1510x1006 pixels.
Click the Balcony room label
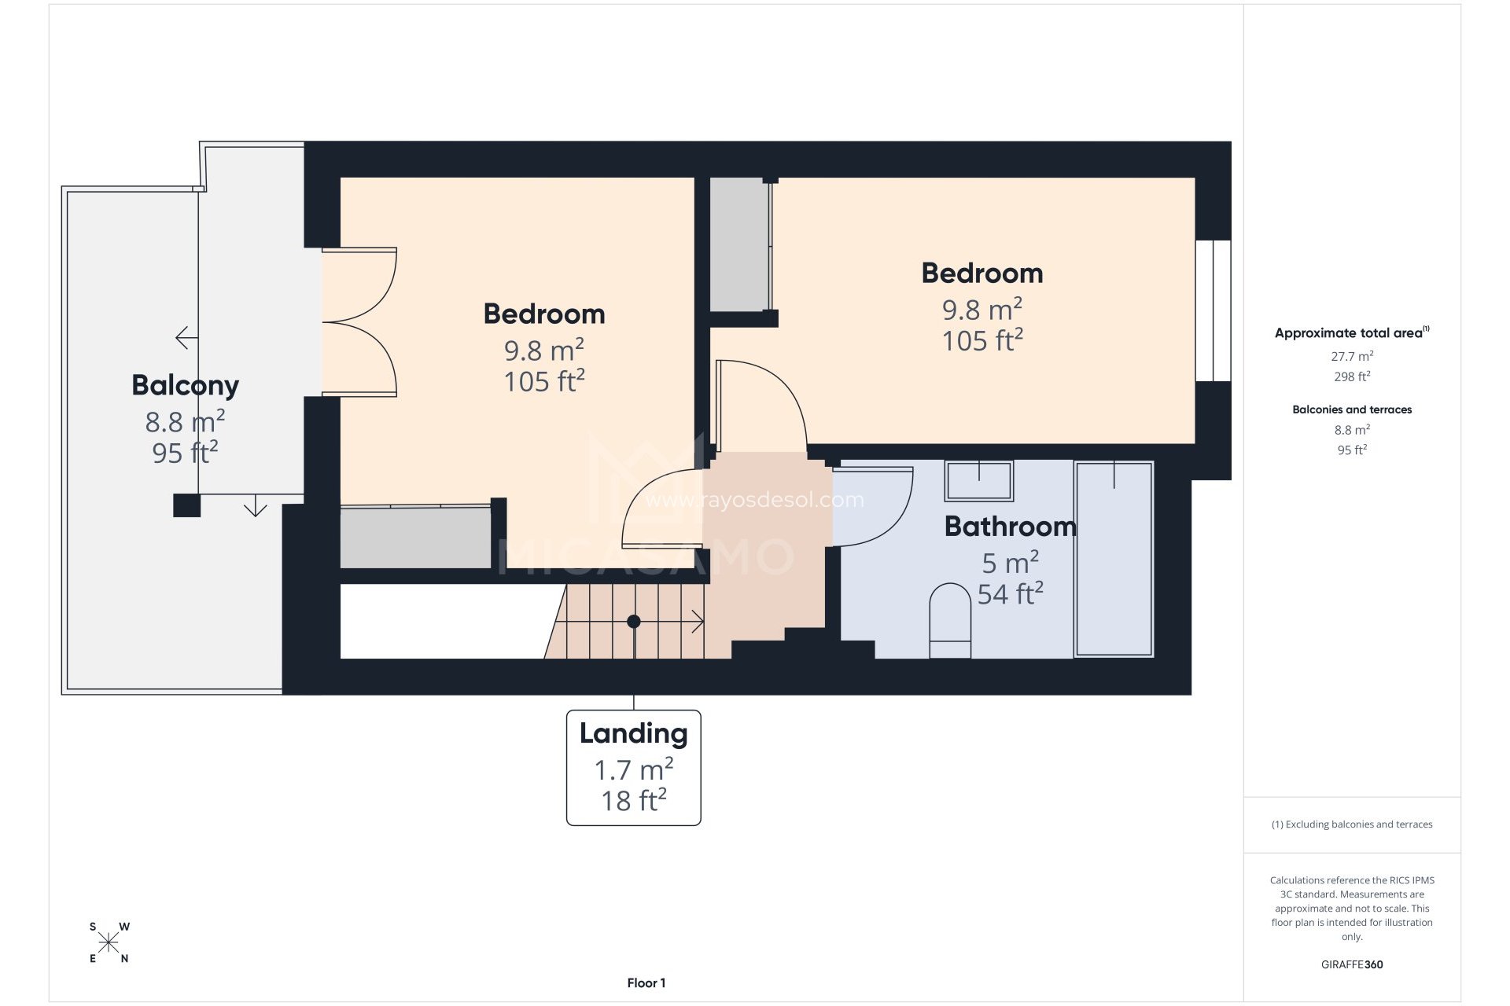click(185, 385)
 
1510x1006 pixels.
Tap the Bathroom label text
click(1010, 526)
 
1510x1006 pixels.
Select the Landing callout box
click(633, 767)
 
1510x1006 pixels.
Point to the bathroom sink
click(978, 480)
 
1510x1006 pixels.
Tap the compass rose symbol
click(109, 942)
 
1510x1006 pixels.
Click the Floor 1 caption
click(646, 982)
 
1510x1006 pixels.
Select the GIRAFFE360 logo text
click(1351, 964)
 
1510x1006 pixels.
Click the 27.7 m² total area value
click(1351, 356)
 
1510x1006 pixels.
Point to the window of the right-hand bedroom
click(1213, 310)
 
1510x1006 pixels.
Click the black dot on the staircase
click(633, 622)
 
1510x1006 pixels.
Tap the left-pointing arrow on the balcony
click(186, 338)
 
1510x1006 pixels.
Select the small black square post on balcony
click(186, 505)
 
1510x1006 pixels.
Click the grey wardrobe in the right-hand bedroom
click(739, 244)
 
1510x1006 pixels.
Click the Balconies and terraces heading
click(1351, 409)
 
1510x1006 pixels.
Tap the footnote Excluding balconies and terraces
click(1351, 824)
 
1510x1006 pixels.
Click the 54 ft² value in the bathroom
click(1010, 594)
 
